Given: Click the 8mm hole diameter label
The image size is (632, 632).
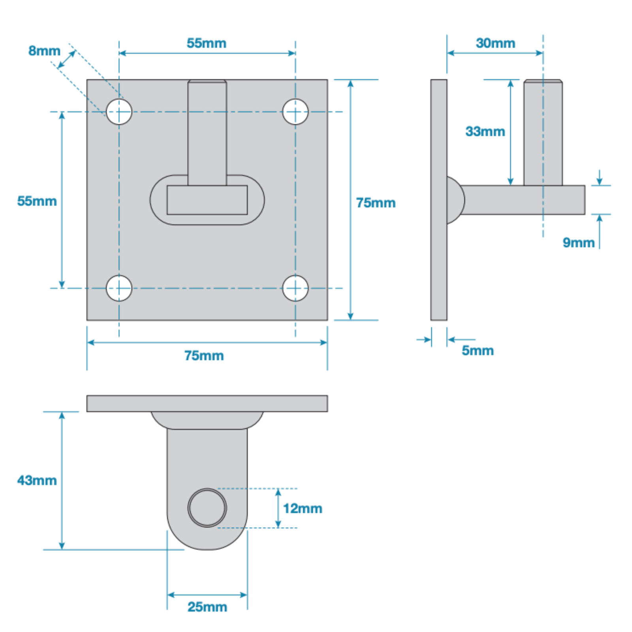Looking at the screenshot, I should click(44, 51).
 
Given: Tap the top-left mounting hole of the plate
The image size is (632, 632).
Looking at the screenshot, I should click(119, 112).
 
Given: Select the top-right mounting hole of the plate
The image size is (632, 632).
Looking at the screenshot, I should click(295, 112).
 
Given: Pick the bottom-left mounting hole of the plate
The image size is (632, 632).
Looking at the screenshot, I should click(119, 288).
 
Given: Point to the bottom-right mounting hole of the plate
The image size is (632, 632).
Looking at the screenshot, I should click(295, 288).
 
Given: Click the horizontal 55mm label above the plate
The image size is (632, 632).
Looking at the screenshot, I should click(206, 43).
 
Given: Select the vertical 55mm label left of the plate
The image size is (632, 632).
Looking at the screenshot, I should click(37, 201).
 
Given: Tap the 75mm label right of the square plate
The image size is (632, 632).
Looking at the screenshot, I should click(376, 203).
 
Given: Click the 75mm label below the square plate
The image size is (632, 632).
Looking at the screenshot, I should click(204, 355).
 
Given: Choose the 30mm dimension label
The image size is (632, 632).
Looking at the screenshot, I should click(495, 43).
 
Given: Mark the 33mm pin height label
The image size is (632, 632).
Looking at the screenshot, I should click(485, 131).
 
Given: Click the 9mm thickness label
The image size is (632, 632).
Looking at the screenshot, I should click(578, 243).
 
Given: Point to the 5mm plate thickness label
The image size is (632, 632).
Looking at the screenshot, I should click(478, 350).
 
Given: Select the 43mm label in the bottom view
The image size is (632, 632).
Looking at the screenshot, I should click(37, 480).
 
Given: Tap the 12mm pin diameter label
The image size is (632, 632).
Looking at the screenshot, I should click(303, 508).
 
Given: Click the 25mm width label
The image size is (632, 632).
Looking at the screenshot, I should click(207, 607).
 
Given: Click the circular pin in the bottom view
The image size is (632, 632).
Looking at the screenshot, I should click(207, 508).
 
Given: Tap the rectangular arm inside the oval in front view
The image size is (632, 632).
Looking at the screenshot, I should click(207, 200).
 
